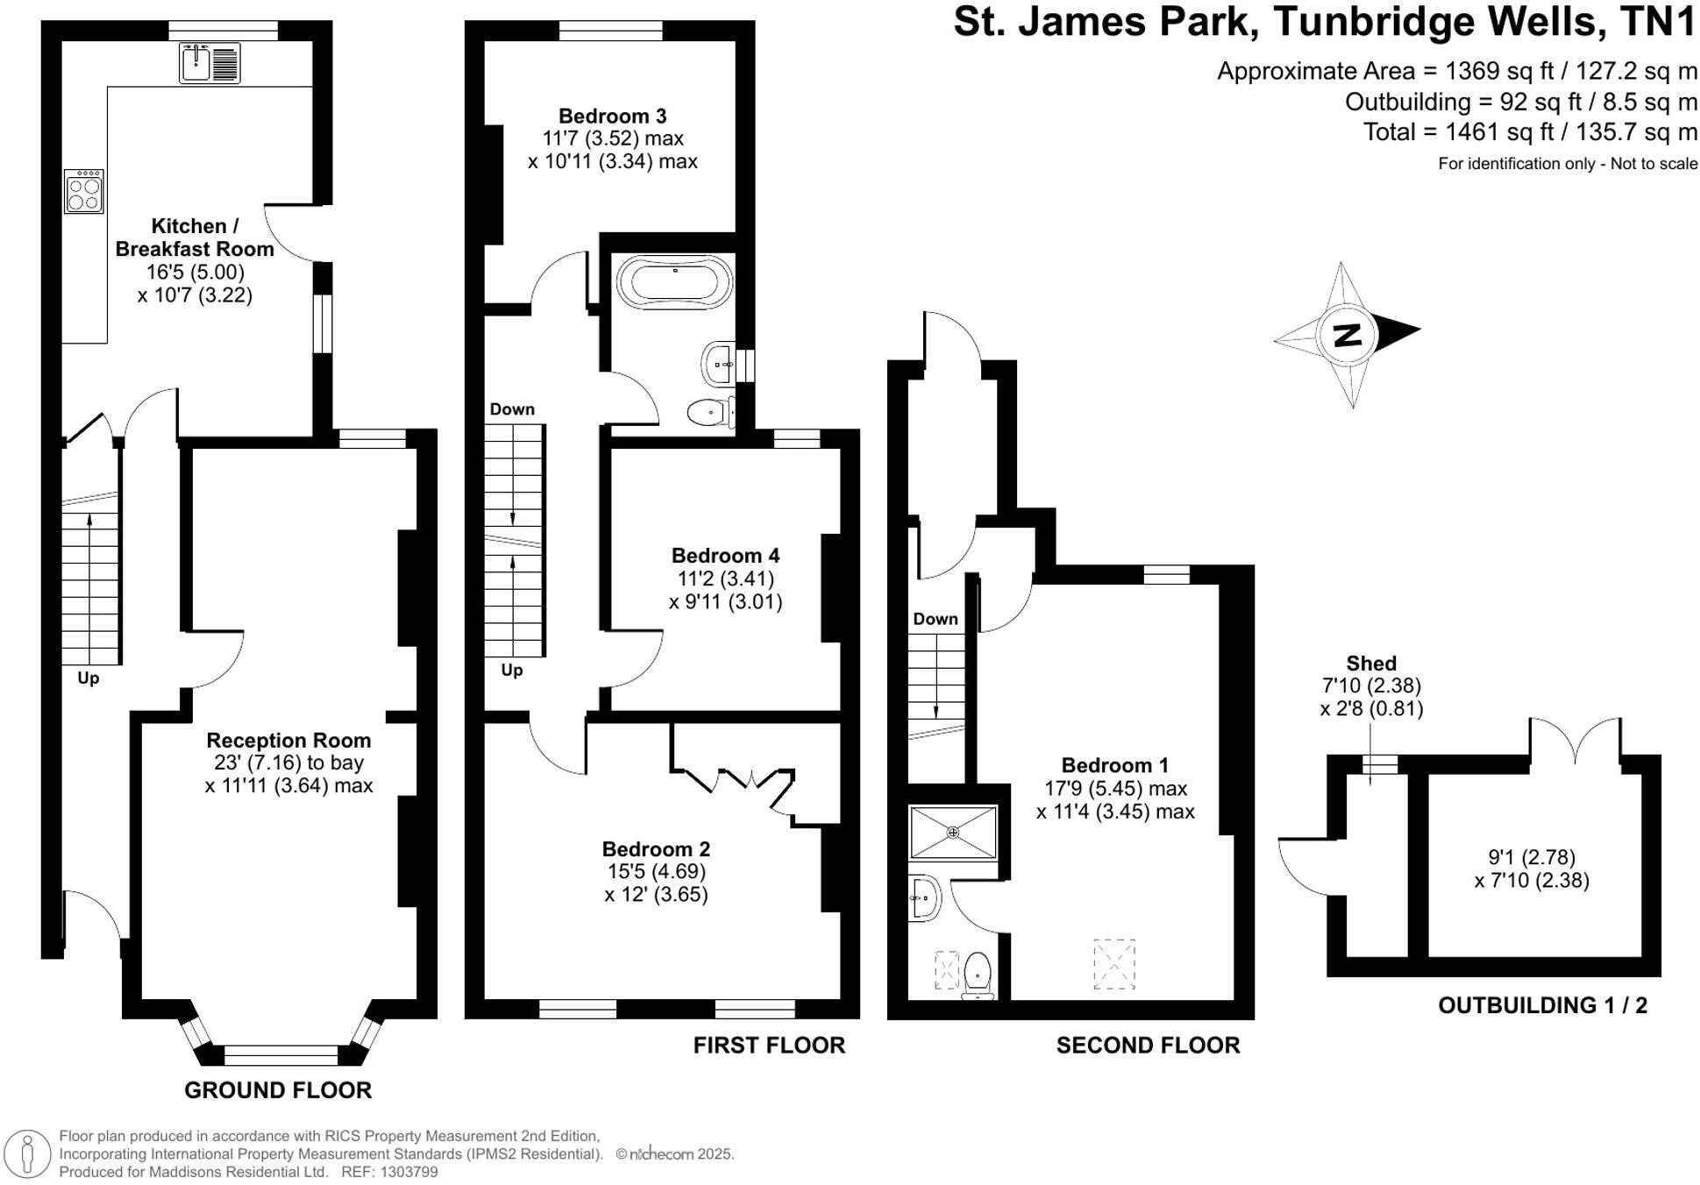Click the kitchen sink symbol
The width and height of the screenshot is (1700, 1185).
coord(209,63)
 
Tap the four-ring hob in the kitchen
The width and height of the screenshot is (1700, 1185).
coord(84,192)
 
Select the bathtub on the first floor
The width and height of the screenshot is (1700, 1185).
coord(674,282)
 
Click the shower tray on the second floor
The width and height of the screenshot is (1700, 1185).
coord(952,832)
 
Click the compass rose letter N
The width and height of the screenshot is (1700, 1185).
coord(1347,334)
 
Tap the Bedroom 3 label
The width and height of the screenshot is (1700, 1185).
coord(612,116)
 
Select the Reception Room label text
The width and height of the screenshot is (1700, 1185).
coord(288,740)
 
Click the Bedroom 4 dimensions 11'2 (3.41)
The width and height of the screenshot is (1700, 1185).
coord(725,578)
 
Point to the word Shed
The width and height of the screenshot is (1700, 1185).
coord(1371,663)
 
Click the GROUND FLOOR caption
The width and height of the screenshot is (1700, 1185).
coord(278,1089)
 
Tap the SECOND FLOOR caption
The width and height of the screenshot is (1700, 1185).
coord(1148,1045)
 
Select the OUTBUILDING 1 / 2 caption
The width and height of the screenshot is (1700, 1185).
coord(1542,1005)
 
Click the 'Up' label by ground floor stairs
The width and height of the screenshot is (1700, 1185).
coord(88,678)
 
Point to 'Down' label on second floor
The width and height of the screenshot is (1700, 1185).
coord(935,619)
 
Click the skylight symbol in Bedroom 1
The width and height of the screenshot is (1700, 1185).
coord(1113,964)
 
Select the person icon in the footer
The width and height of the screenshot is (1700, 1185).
coord(28,1153)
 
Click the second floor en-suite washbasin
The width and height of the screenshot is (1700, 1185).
coord(923,898)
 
